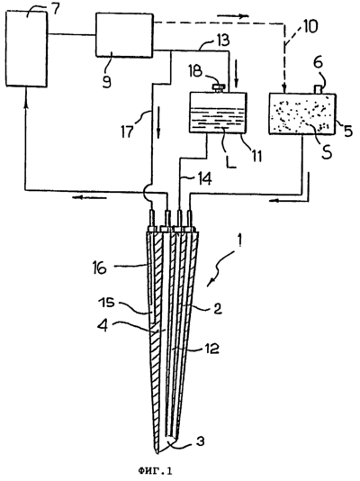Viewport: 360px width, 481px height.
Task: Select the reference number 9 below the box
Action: [x=107, y=81]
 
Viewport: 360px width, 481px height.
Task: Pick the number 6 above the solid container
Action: [x=319, y=62]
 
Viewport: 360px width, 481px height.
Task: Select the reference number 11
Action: [x=256, y=156]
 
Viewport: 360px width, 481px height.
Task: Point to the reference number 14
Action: [x=204, y=179]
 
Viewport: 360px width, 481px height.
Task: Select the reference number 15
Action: [x=107, y=304]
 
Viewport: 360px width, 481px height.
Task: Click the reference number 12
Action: [x=211, y=349]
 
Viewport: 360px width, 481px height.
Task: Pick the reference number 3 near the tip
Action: [x=200, y=441]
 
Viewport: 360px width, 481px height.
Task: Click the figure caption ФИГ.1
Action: [x=156, y=470]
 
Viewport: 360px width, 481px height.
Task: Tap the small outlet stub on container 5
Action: [x=319, y=89]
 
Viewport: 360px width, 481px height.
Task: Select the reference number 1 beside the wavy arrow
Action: [x=239, y=244]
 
